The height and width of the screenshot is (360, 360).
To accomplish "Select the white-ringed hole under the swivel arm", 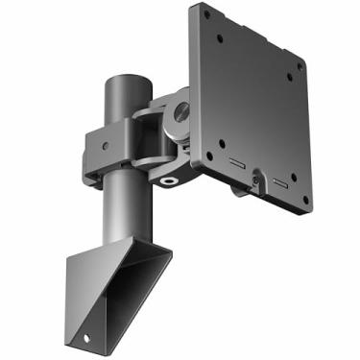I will click(171, 179).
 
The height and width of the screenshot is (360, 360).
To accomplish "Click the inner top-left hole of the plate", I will click(222, 40).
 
